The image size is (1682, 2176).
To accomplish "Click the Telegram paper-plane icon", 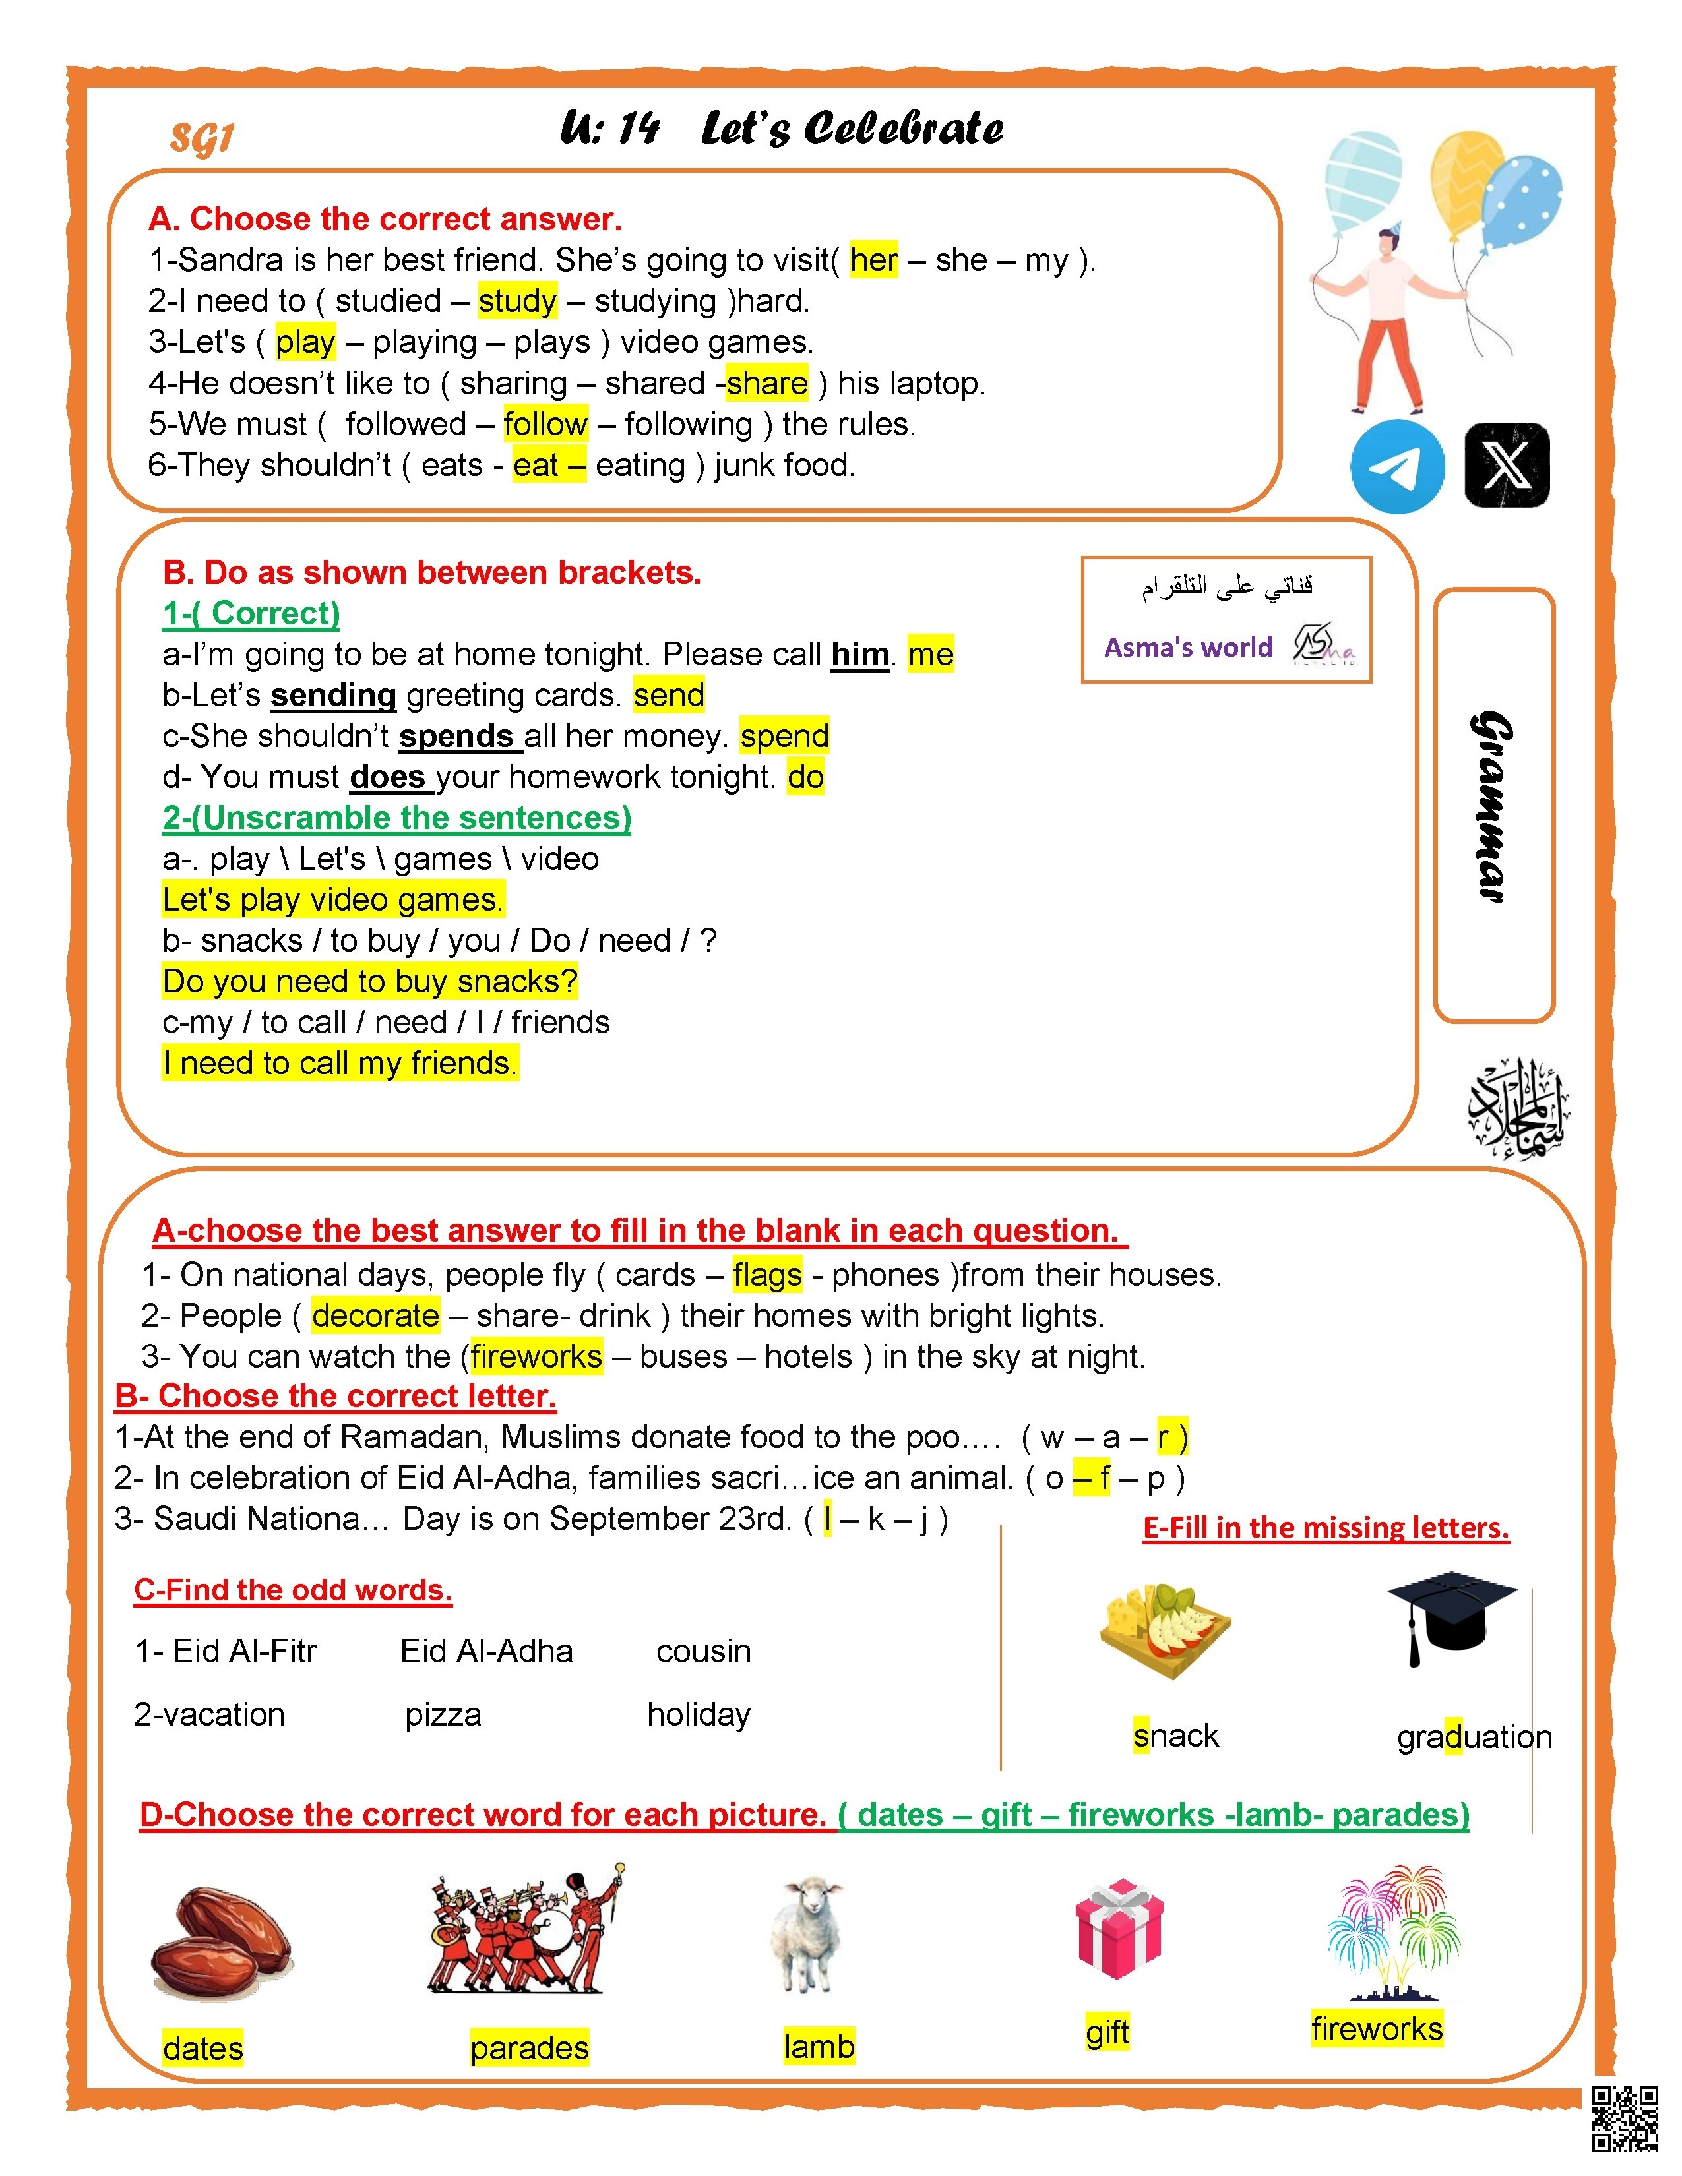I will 1397,466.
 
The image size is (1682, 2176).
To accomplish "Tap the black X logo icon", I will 1507,466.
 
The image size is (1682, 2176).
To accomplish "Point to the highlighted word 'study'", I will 517,301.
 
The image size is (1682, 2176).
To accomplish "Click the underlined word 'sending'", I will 333,696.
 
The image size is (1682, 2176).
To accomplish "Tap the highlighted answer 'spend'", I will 784,737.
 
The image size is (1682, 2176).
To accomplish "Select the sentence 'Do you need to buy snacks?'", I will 369,981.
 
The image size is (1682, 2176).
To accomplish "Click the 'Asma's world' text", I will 1188,648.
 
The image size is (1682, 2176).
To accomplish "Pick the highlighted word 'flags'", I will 766,1275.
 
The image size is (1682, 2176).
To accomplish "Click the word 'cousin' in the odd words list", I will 704,1652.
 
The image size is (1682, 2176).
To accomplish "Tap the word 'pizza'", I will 443,1714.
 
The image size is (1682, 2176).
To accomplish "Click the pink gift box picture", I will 1119,1928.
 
